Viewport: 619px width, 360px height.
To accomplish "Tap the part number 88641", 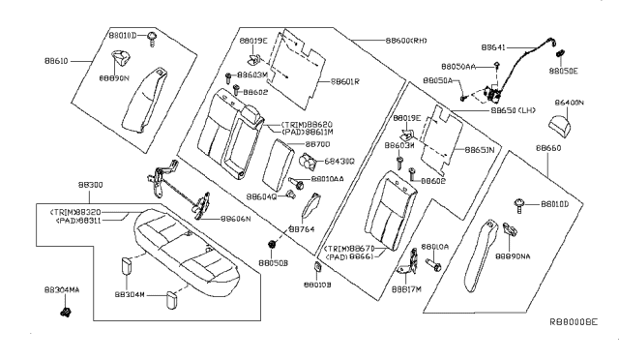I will tap(496, 46).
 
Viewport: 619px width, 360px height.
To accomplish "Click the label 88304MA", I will tap(62, 289).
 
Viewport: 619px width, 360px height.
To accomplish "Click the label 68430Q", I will tap(339, 161).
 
